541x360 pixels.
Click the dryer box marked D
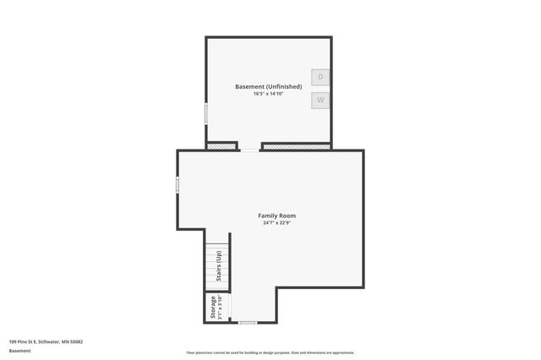320,77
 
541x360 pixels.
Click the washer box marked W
320,101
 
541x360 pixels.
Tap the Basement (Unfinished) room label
268,86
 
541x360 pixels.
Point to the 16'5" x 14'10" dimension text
268,94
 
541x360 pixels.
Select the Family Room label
276,215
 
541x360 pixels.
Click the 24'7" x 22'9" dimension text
276,223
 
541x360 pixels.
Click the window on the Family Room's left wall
178,184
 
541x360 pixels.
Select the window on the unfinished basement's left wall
206,115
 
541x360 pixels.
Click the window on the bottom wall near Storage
247,323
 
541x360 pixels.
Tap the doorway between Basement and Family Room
250,150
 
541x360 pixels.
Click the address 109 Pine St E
25,341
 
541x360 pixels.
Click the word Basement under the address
19,350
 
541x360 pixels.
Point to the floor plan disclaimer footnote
270,352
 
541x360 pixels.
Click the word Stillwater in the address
51,341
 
